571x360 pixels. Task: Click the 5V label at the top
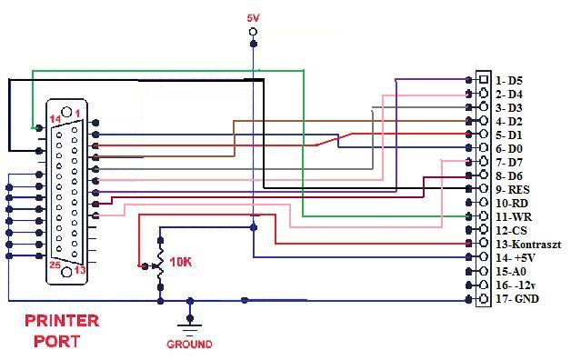click(x=253, y=18)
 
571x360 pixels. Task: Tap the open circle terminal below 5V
click(x=253, y=32)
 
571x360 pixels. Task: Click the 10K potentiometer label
click(x=181, y=262)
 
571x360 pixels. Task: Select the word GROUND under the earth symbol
click(x=189, y=344)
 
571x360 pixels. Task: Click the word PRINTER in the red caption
click(x=62, y=321)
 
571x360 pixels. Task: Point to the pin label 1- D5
click(x=509, y=80)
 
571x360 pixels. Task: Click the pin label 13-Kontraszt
click(x=528, y=245)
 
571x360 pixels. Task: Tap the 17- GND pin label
click(x=517, y=299)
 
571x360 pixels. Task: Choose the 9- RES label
click(x=513, y=190)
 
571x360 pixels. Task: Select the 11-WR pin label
click(x=514, y=217)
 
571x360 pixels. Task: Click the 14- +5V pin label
click(x=516, y=257)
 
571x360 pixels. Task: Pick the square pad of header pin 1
click(x=484, y=79)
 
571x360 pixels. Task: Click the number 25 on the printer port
click(x=55, y=265)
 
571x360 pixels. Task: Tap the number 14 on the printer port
click(x=55, y=119)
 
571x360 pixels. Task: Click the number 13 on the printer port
click(x=80, y=270)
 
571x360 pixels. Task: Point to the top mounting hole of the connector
click(x=66, y=112)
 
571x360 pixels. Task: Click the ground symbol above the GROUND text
click(x=189, y=329)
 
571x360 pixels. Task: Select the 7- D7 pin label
click(x=509, y=163)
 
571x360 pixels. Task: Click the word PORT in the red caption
click(x=56, y=342)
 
